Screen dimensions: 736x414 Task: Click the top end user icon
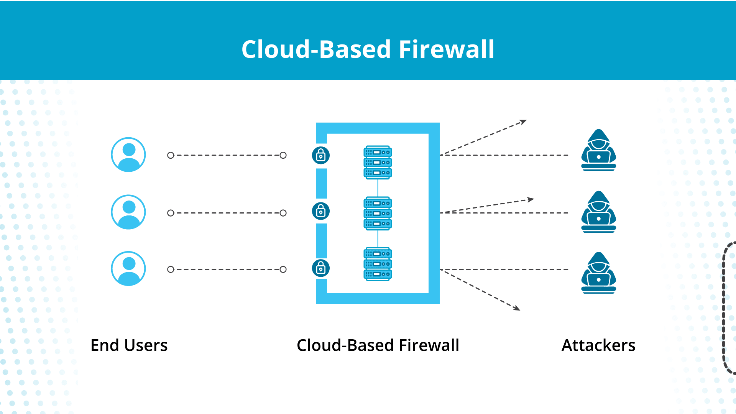[x=128, y=155]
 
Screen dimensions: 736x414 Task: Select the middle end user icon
[x=128, y=212]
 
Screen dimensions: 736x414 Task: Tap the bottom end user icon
[x=128, y=269]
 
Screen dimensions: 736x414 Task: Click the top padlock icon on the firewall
[x=321, y=155]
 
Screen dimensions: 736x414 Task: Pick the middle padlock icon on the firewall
[x=321, y=211]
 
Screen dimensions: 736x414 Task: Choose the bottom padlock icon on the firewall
[x=321, y=268]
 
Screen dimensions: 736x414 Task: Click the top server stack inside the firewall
[x=378, y=162]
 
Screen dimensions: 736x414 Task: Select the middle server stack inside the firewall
[x=378, y=214]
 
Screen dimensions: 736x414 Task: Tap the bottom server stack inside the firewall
[x=378, y=264]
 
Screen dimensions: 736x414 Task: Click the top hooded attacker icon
[x=599, y=150]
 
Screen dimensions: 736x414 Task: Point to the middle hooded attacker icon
[x=599, y=212]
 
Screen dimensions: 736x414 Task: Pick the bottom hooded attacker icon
[x=599, y=273]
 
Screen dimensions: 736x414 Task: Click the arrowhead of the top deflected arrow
[x=524, y=122]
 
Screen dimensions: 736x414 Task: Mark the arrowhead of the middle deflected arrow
[x=531, y=199]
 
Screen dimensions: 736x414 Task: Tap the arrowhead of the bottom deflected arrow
[x=517, y=308]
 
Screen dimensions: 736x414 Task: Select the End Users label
[x=129, y=345]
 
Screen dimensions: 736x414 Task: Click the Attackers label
[x=598, y=345]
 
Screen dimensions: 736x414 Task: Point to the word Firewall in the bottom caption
[x=429, y=345]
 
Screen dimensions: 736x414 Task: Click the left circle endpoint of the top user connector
[x=171, y=155]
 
